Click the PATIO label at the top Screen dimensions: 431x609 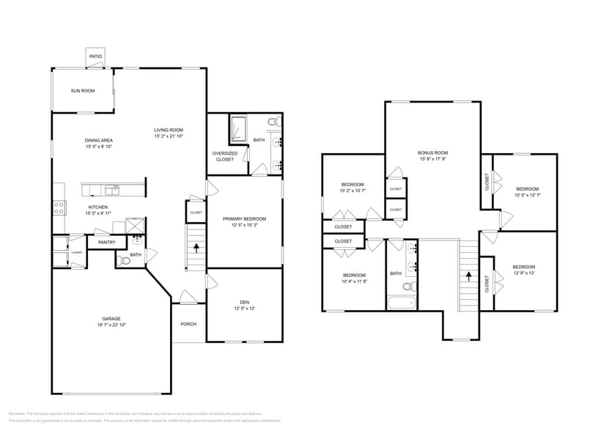95,56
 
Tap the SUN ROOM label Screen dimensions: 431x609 83,91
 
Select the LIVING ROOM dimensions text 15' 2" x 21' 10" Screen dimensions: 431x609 169,136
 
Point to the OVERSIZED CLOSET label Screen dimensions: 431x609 224,156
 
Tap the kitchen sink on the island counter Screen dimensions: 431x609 111,190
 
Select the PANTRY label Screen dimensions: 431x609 106,242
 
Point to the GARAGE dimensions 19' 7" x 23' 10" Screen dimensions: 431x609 111,325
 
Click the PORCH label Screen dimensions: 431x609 188,324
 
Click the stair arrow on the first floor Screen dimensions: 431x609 196,248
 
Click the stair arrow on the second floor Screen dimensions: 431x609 468,276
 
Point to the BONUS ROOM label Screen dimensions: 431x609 433,152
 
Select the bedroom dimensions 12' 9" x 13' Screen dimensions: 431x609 523,273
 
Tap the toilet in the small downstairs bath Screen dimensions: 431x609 124,260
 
